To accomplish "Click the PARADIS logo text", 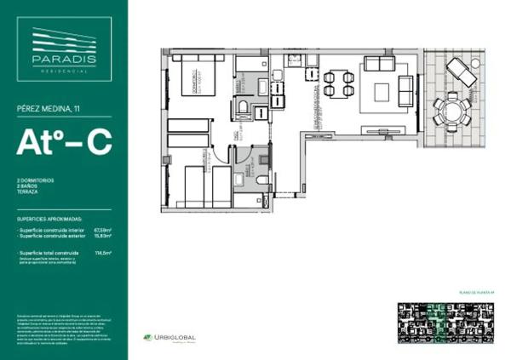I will tap(64, 59).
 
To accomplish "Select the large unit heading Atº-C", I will tap(64, 143).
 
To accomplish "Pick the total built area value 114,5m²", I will tap(104, 253).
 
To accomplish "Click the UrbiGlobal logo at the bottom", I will tap(170, 337).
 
